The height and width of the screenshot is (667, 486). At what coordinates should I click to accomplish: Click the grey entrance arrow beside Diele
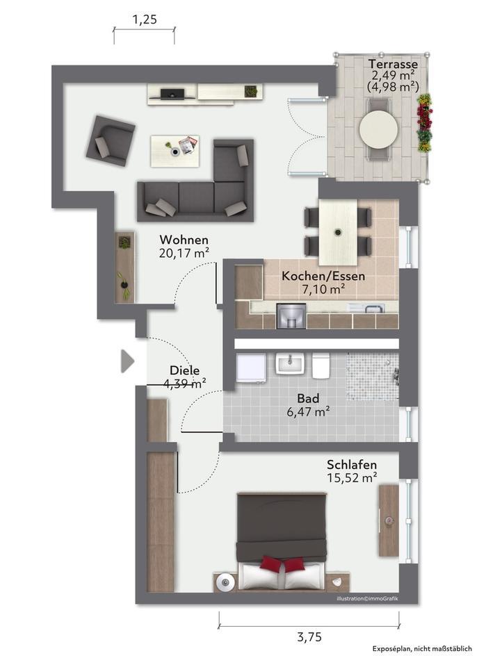[127, 361]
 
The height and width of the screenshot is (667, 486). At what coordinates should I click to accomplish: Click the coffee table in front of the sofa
[175, 151]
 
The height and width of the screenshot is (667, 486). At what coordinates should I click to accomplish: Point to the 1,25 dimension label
[145, 19]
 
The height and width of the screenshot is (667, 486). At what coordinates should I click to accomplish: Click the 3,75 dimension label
[309, 637]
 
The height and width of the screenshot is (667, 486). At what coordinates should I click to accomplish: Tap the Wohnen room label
[184, 240]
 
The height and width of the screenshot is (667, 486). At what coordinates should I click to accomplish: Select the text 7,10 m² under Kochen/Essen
[323, 290]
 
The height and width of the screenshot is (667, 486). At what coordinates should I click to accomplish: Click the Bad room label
[308, 399]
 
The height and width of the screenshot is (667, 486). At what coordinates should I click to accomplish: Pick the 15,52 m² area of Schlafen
[352, 478]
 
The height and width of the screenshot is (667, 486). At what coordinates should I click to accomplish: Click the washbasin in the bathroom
[290, 364]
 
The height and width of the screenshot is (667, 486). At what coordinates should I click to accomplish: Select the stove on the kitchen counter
[291, 316]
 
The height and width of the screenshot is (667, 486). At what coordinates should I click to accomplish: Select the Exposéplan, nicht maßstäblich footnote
[422, 649]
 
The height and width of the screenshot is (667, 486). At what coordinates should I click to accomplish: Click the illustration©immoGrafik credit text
[368, 599]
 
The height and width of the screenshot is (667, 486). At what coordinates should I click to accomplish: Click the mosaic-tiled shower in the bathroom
[373, 376]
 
